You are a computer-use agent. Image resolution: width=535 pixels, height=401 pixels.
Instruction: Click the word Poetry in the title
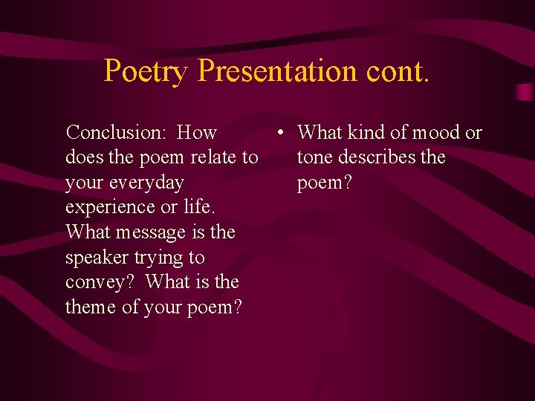(146, 71)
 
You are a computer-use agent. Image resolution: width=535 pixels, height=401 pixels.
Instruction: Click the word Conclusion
(114, 133)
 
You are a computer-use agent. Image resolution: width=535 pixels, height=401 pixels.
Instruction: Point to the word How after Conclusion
(197, 133)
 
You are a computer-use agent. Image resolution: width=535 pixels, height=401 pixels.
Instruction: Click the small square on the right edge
(524, 92)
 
